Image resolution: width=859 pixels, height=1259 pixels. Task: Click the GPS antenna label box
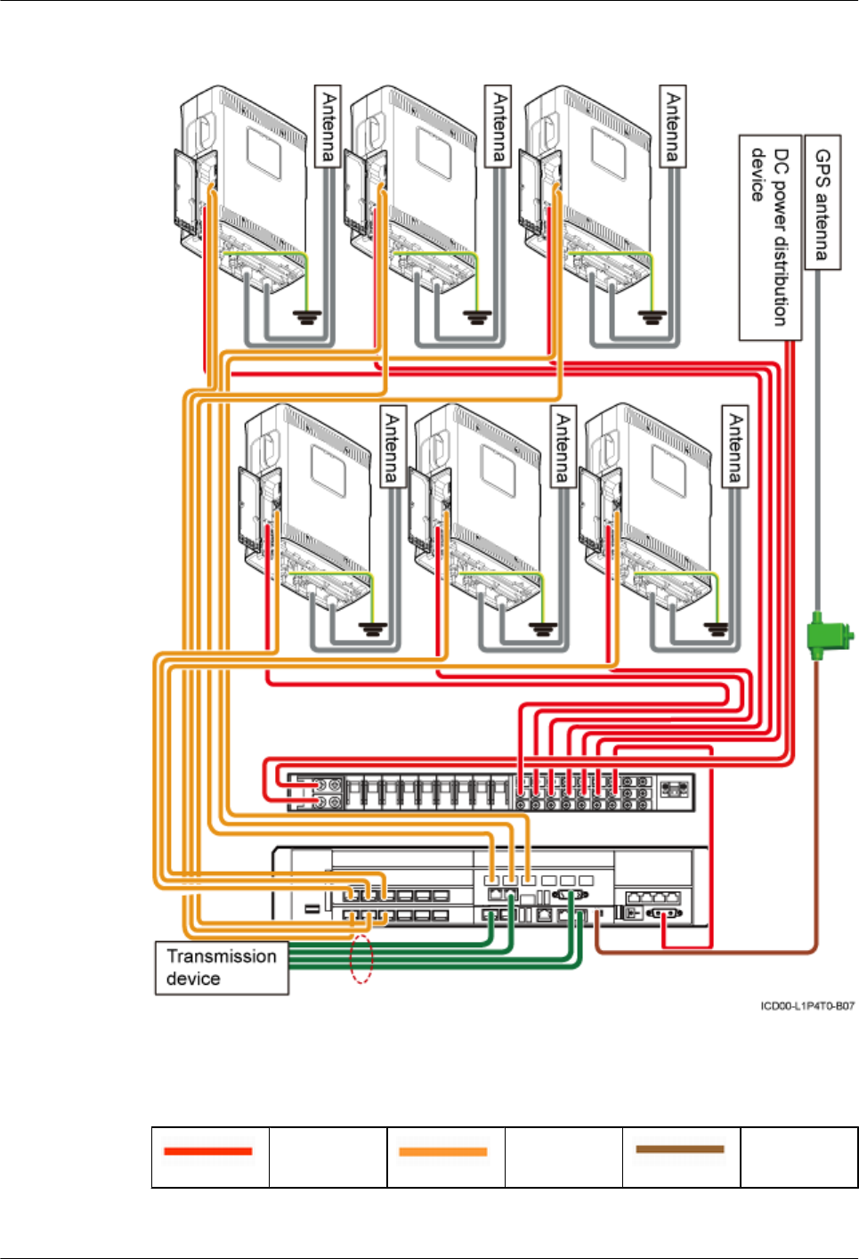coord(822,202)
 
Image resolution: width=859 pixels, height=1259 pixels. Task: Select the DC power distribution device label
coord(770,238)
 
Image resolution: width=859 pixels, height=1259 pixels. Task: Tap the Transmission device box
coord(222,968)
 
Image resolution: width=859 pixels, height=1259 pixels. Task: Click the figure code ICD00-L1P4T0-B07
coord(807,1006)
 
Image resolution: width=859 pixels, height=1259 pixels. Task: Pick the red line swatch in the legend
coord(208,1151)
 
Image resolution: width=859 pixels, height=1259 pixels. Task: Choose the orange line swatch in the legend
coord(443,1151)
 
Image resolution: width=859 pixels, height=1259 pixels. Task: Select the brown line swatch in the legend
coord(680,1149)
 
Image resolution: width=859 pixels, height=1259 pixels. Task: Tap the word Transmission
coord(222,956)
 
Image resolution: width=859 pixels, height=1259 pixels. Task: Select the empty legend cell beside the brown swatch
coord(798,1157)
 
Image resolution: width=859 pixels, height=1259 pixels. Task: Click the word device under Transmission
coord(193,979)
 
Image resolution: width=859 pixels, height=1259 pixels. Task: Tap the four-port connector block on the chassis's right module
coord(653,897)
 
